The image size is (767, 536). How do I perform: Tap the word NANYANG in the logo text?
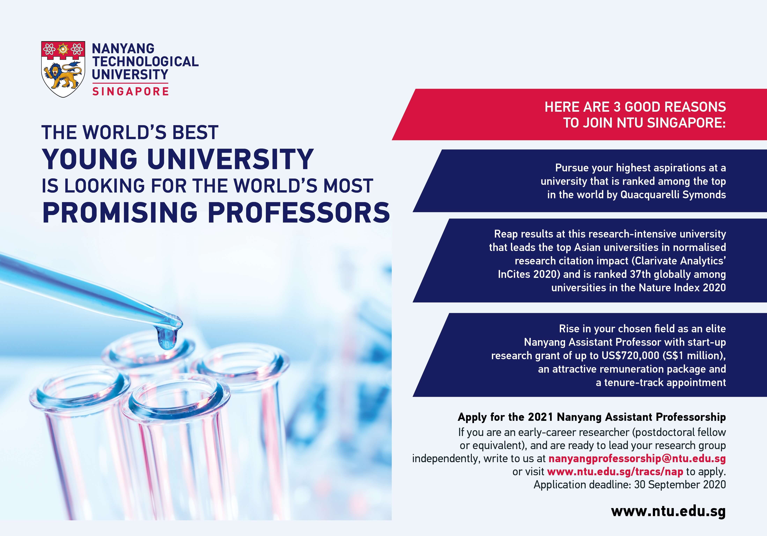[x=123, y=49]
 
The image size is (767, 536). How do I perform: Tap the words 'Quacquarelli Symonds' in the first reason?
[x=673, y=195]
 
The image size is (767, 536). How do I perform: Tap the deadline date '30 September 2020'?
[x=680, y=485]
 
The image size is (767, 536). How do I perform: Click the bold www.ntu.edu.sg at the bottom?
[x=668, y=512]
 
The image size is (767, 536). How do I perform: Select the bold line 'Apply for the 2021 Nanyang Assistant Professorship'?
[x=592, y=417]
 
